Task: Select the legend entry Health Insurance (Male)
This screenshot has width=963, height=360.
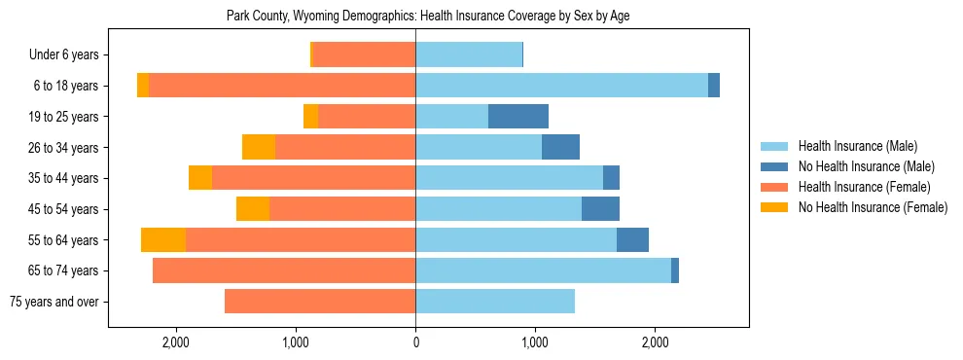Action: point(857,146)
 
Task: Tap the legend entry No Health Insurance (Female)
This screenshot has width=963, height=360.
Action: point(873,207)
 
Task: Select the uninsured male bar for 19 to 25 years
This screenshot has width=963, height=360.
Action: point(518,117)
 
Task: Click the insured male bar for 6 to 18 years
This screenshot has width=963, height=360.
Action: point(561,86)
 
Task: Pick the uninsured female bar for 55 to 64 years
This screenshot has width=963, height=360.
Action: point(163,240)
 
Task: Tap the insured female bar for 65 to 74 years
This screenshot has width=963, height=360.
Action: point(284,270)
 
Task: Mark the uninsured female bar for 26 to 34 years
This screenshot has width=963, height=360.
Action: point(259,148)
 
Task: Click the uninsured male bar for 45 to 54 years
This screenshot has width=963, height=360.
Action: point(600,209)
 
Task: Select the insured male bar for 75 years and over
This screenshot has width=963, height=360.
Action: point(495,302)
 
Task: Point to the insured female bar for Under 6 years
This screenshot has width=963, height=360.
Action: point(364,55)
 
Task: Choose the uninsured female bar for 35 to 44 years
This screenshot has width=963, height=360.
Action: point(200,178)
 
